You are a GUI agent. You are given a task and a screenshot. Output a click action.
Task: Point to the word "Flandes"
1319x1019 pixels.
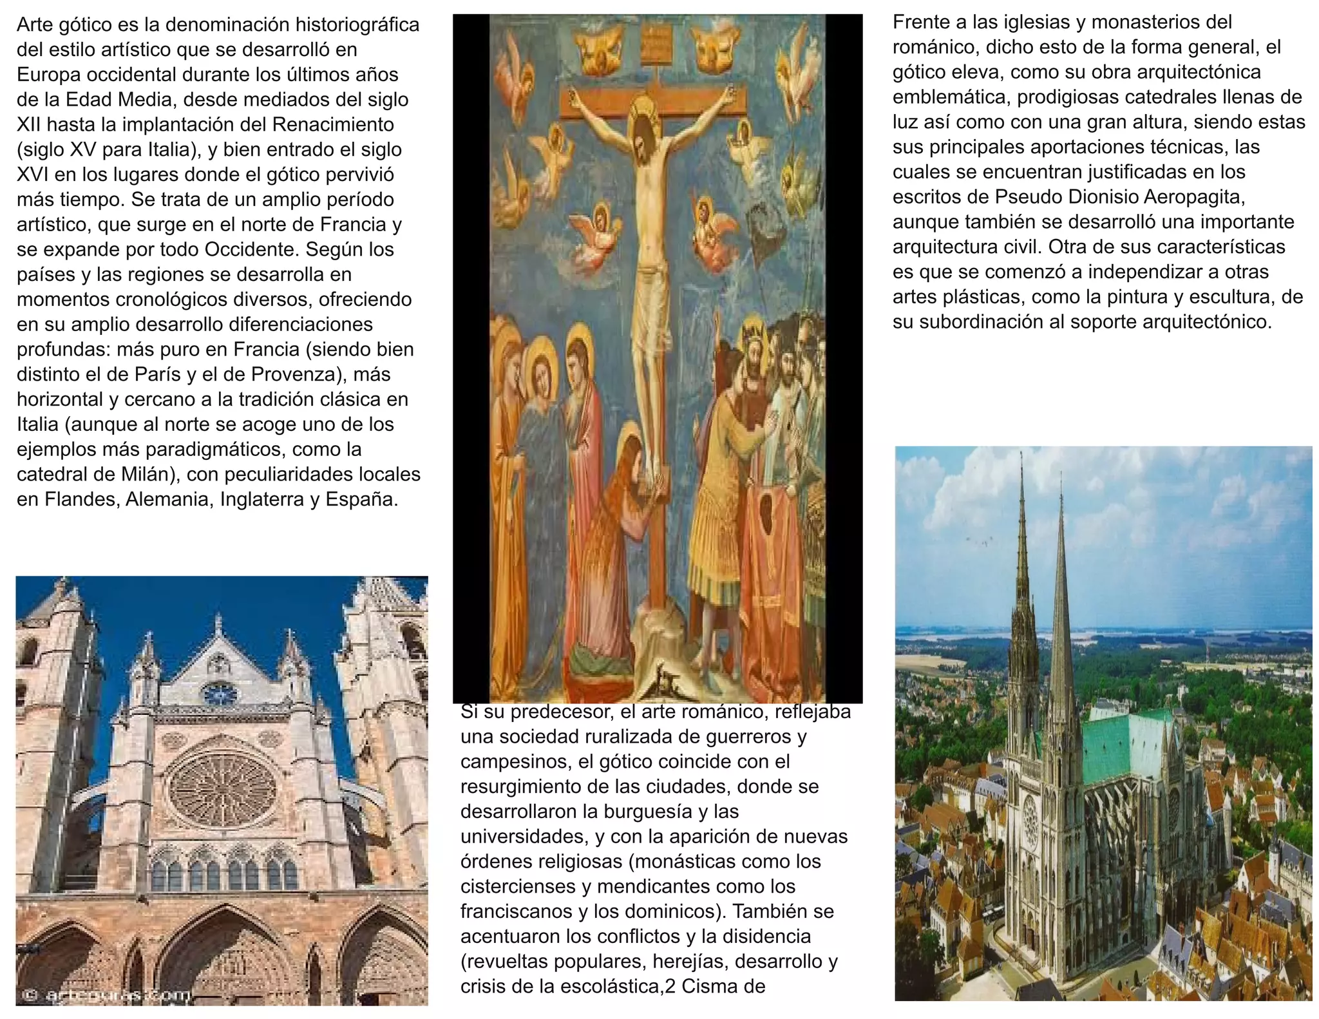click(x=81, y=499)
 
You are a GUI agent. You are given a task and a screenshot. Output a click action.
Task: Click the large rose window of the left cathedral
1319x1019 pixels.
click(x=223, y=790)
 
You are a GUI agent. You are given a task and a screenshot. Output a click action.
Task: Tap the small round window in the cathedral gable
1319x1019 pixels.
click(x=219, y=694)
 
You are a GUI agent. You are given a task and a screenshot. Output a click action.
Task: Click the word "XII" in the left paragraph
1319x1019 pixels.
click(x=28, y=124)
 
